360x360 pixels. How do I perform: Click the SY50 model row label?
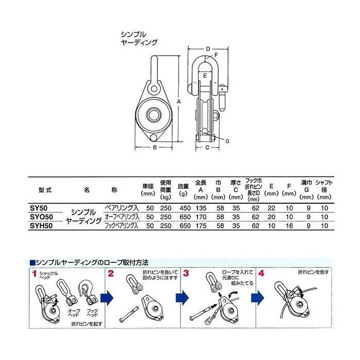pyautogui.click(x=40, y=209)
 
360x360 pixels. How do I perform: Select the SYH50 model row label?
pyautogui.click(x=42, y=225)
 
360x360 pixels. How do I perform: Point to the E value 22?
pyautogui.click(x=272, y=209)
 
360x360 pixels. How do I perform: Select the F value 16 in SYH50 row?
pyautogui.click(x=290, y=225)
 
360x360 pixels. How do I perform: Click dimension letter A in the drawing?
pyautogui.click(x=178, y=101)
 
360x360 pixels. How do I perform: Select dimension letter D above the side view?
pyautogui.click(x=207, y=49)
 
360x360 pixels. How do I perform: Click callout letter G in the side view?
pyautogui.click(x=227, y=140)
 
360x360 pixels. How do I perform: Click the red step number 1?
pyautogui.click(x=34, y=274)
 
